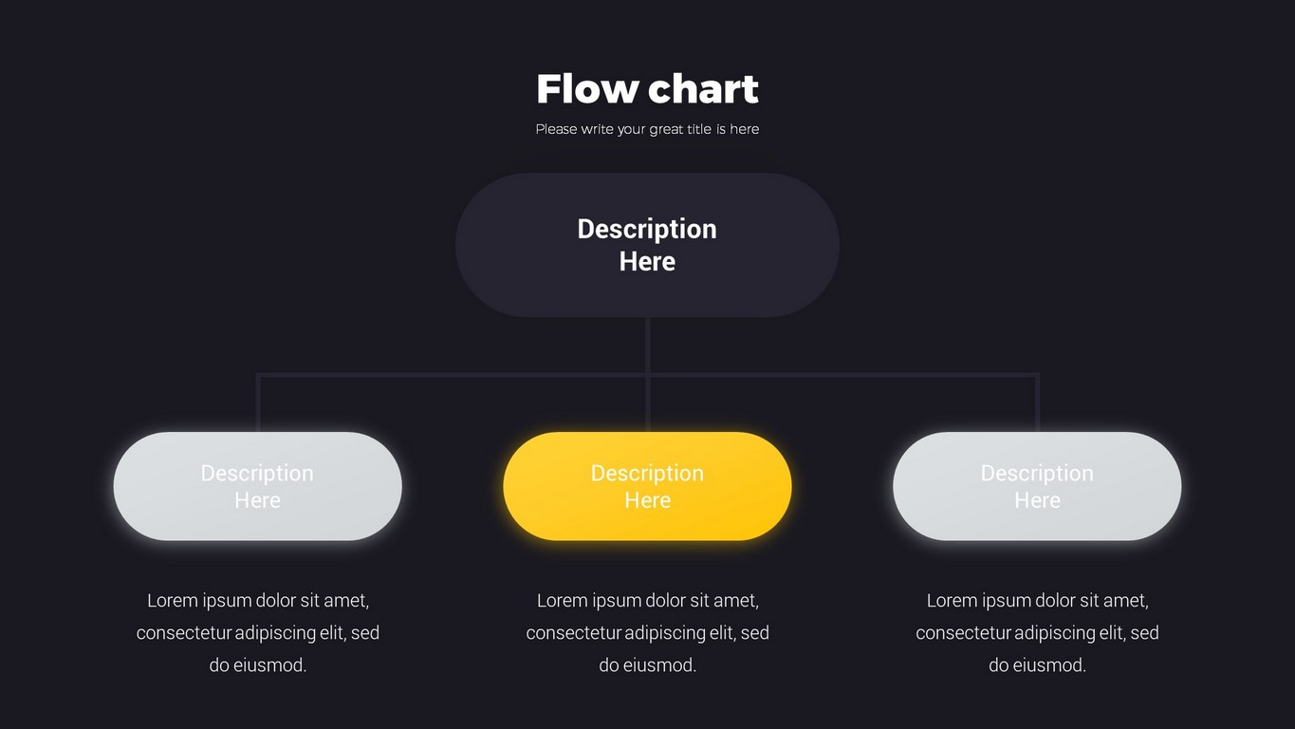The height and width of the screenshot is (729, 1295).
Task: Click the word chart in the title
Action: coord(703,89)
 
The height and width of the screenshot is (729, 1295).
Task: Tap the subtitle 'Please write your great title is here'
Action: coord(647,130)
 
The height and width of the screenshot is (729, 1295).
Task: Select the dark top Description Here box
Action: coord(647,245)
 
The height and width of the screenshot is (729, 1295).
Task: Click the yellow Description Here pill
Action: coord(647,486)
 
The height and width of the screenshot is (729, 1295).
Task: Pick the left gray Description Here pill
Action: coord(258,486)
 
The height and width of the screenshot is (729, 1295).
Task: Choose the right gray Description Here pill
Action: coord(1037,486)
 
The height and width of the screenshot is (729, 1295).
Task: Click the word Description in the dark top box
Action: coord(647,230)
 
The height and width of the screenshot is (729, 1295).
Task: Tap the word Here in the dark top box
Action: coord(647,262)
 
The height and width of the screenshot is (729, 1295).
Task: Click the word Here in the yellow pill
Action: coord(647,500)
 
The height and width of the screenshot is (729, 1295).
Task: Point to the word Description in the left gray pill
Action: coord(257,474)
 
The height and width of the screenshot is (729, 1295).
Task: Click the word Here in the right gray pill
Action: coord(1037,500)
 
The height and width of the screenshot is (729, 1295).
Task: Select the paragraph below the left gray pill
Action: coord(258,633)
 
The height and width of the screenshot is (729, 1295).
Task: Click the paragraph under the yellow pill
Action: coord(647,633)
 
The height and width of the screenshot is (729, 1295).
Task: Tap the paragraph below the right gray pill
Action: coord(1037,633)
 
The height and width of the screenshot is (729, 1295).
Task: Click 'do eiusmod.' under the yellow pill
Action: coord(647,665)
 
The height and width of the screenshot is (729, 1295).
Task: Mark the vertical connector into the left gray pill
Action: coord(258,403)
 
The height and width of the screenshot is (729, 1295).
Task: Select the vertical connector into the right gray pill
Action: coord(1037,403)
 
